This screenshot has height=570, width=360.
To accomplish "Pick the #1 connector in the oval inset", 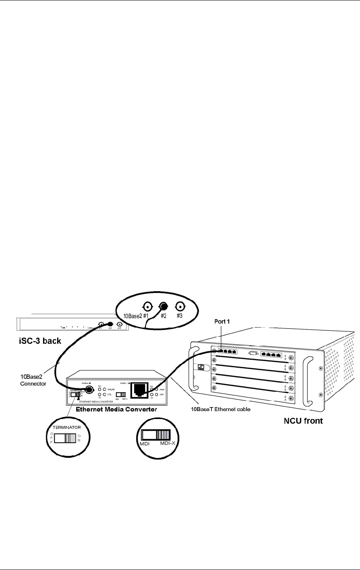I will pos(147,307).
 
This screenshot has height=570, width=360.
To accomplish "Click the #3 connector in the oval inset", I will pos(179,307).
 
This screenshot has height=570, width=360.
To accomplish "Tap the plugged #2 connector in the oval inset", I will pos(163,307).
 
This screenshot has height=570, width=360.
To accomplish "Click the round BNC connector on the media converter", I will pos(89,390).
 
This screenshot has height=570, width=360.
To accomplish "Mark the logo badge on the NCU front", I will pos(202,367).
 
